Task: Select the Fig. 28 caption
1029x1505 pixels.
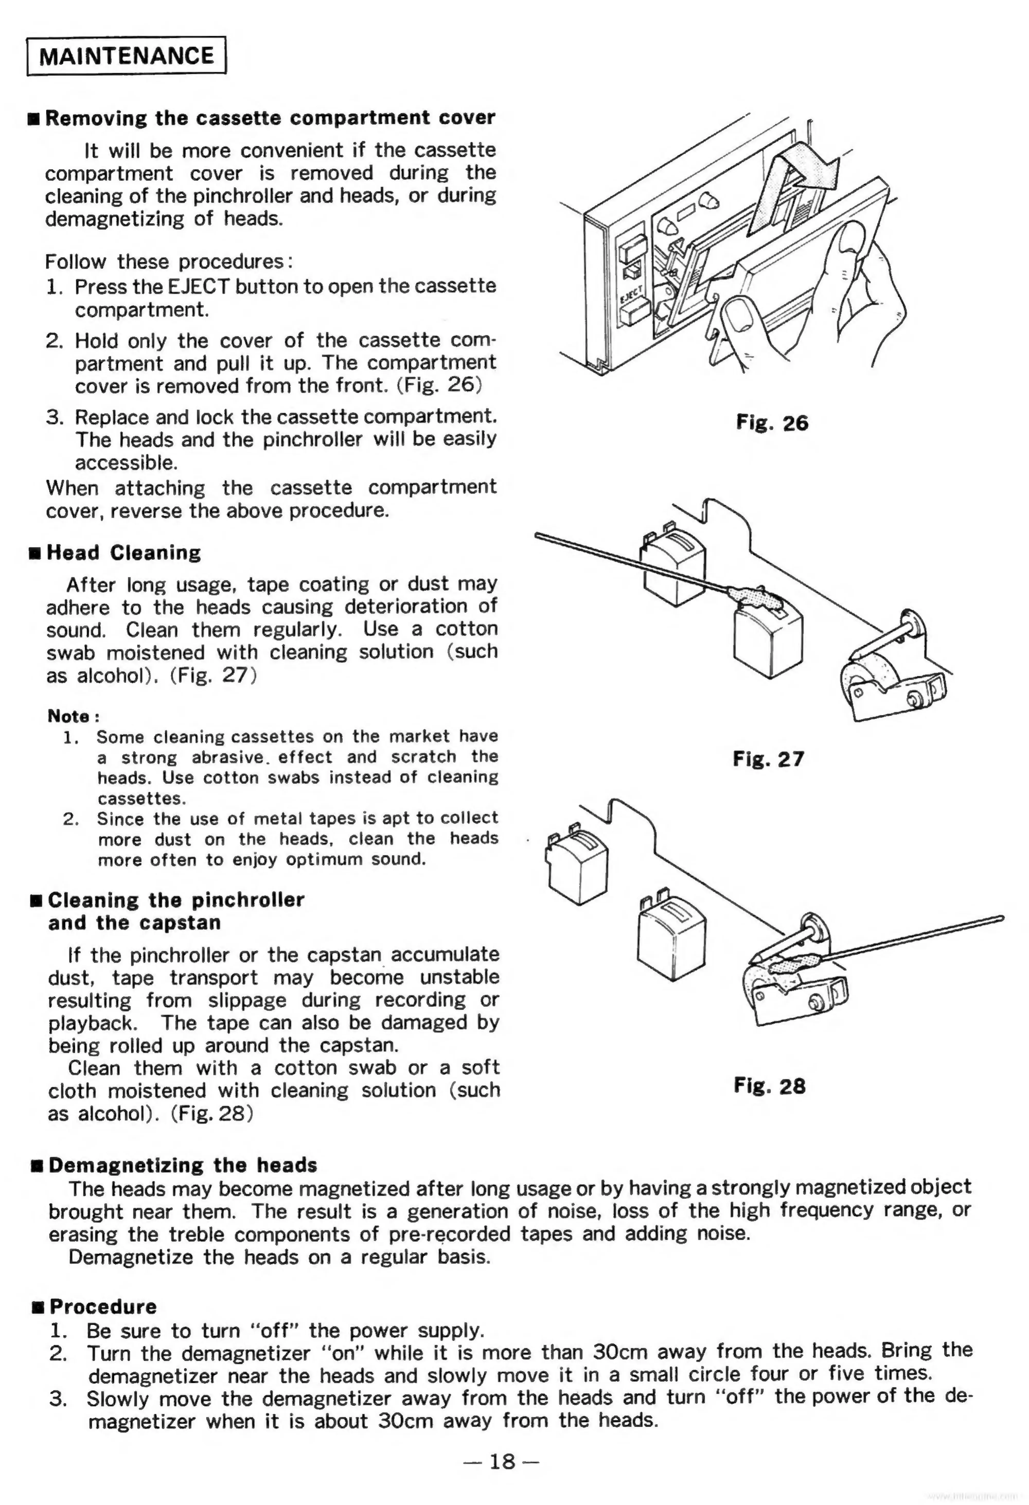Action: click(769, 1085)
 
